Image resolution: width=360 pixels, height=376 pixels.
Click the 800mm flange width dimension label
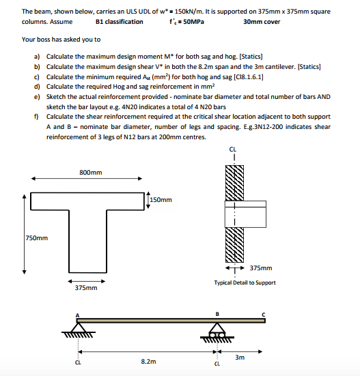pyautogui.click(x=90, y=173)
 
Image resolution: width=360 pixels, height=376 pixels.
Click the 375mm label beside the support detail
pyautogui.click(x=261, y=268)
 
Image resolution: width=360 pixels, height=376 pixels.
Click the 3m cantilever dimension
pyautogui.click(x=238, y=357)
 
